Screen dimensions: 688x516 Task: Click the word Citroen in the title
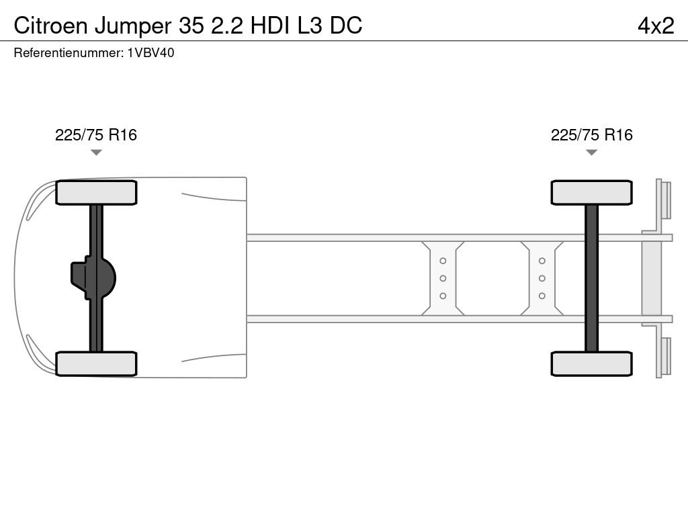[x=51, y=26]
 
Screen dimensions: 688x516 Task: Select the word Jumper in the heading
[x=133, y=27]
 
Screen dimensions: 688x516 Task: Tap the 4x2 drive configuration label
[x=656, y=26]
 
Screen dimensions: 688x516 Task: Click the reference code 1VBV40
[x=151, y=53]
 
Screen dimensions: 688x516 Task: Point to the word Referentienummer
[x=68, y=53]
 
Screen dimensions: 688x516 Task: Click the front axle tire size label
[x=96, y=134]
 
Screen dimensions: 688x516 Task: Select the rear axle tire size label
[x=591, y=134]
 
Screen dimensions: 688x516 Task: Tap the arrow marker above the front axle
[x=96, y=153]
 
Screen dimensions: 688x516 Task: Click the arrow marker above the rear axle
[x=591, y=153]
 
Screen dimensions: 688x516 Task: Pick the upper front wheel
[x=96, y=193]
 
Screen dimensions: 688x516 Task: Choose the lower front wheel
[x=96, y=363]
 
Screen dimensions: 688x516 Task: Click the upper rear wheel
[x=591, y=193]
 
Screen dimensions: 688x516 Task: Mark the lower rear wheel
[x=591, y=363]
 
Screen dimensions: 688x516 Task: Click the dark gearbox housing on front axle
[x=93, y=278]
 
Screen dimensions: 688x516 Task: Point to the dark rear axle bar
[x=591, y=278]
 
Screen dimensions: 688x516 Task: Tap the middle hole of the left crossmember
[x=443, y=279]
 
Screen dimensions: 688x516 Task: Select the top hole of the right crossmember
[x=542, y=261]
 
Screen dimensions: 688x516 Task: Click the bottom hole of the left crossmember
[x=443, y=296]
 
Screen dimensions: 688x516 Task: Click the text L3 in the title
[x=310, y=26]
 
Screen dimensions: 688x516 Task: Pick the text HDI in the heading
[x=270, y=26]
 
